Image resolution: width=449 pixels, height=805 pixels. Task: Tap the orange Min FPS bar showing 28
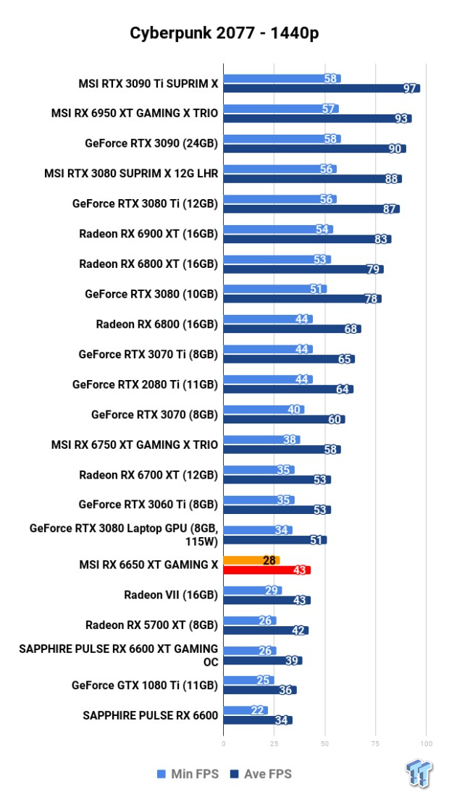point(251,560)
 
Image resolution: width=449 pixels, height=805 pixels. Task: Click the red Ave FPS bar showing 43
point(267,570)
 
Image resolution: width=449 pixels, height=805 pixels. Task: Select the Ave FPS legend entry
point(260,775)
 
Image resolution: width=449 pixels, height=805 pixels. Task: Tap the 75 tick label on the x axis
point(376,743)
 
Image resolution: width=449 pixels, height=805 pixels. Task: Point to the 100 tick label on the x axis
point(426,743)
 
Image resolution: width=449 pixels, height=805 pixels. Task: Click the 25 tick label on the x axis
point(274,743)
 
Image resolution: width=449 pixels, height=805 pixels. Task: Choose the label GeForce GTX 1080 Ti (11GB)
point(145,685)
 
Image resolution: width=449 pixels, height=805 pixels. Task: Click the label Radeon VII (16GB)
point(171,595)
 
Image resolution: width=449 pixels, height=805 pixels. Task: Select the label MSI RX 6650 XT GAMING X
point(135,565)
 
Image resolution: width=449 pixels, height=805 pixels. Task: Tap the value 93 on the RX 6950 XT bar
point(402,119)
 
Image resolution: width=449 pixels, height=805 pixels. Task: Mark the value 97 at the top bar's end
point(411,88)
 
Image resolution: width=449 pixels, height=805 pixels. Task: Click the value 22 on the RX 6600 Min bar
point(257,710)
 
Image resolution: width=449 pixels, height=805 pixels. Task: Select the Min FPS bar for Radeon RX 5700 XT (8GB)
point(249,620)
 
